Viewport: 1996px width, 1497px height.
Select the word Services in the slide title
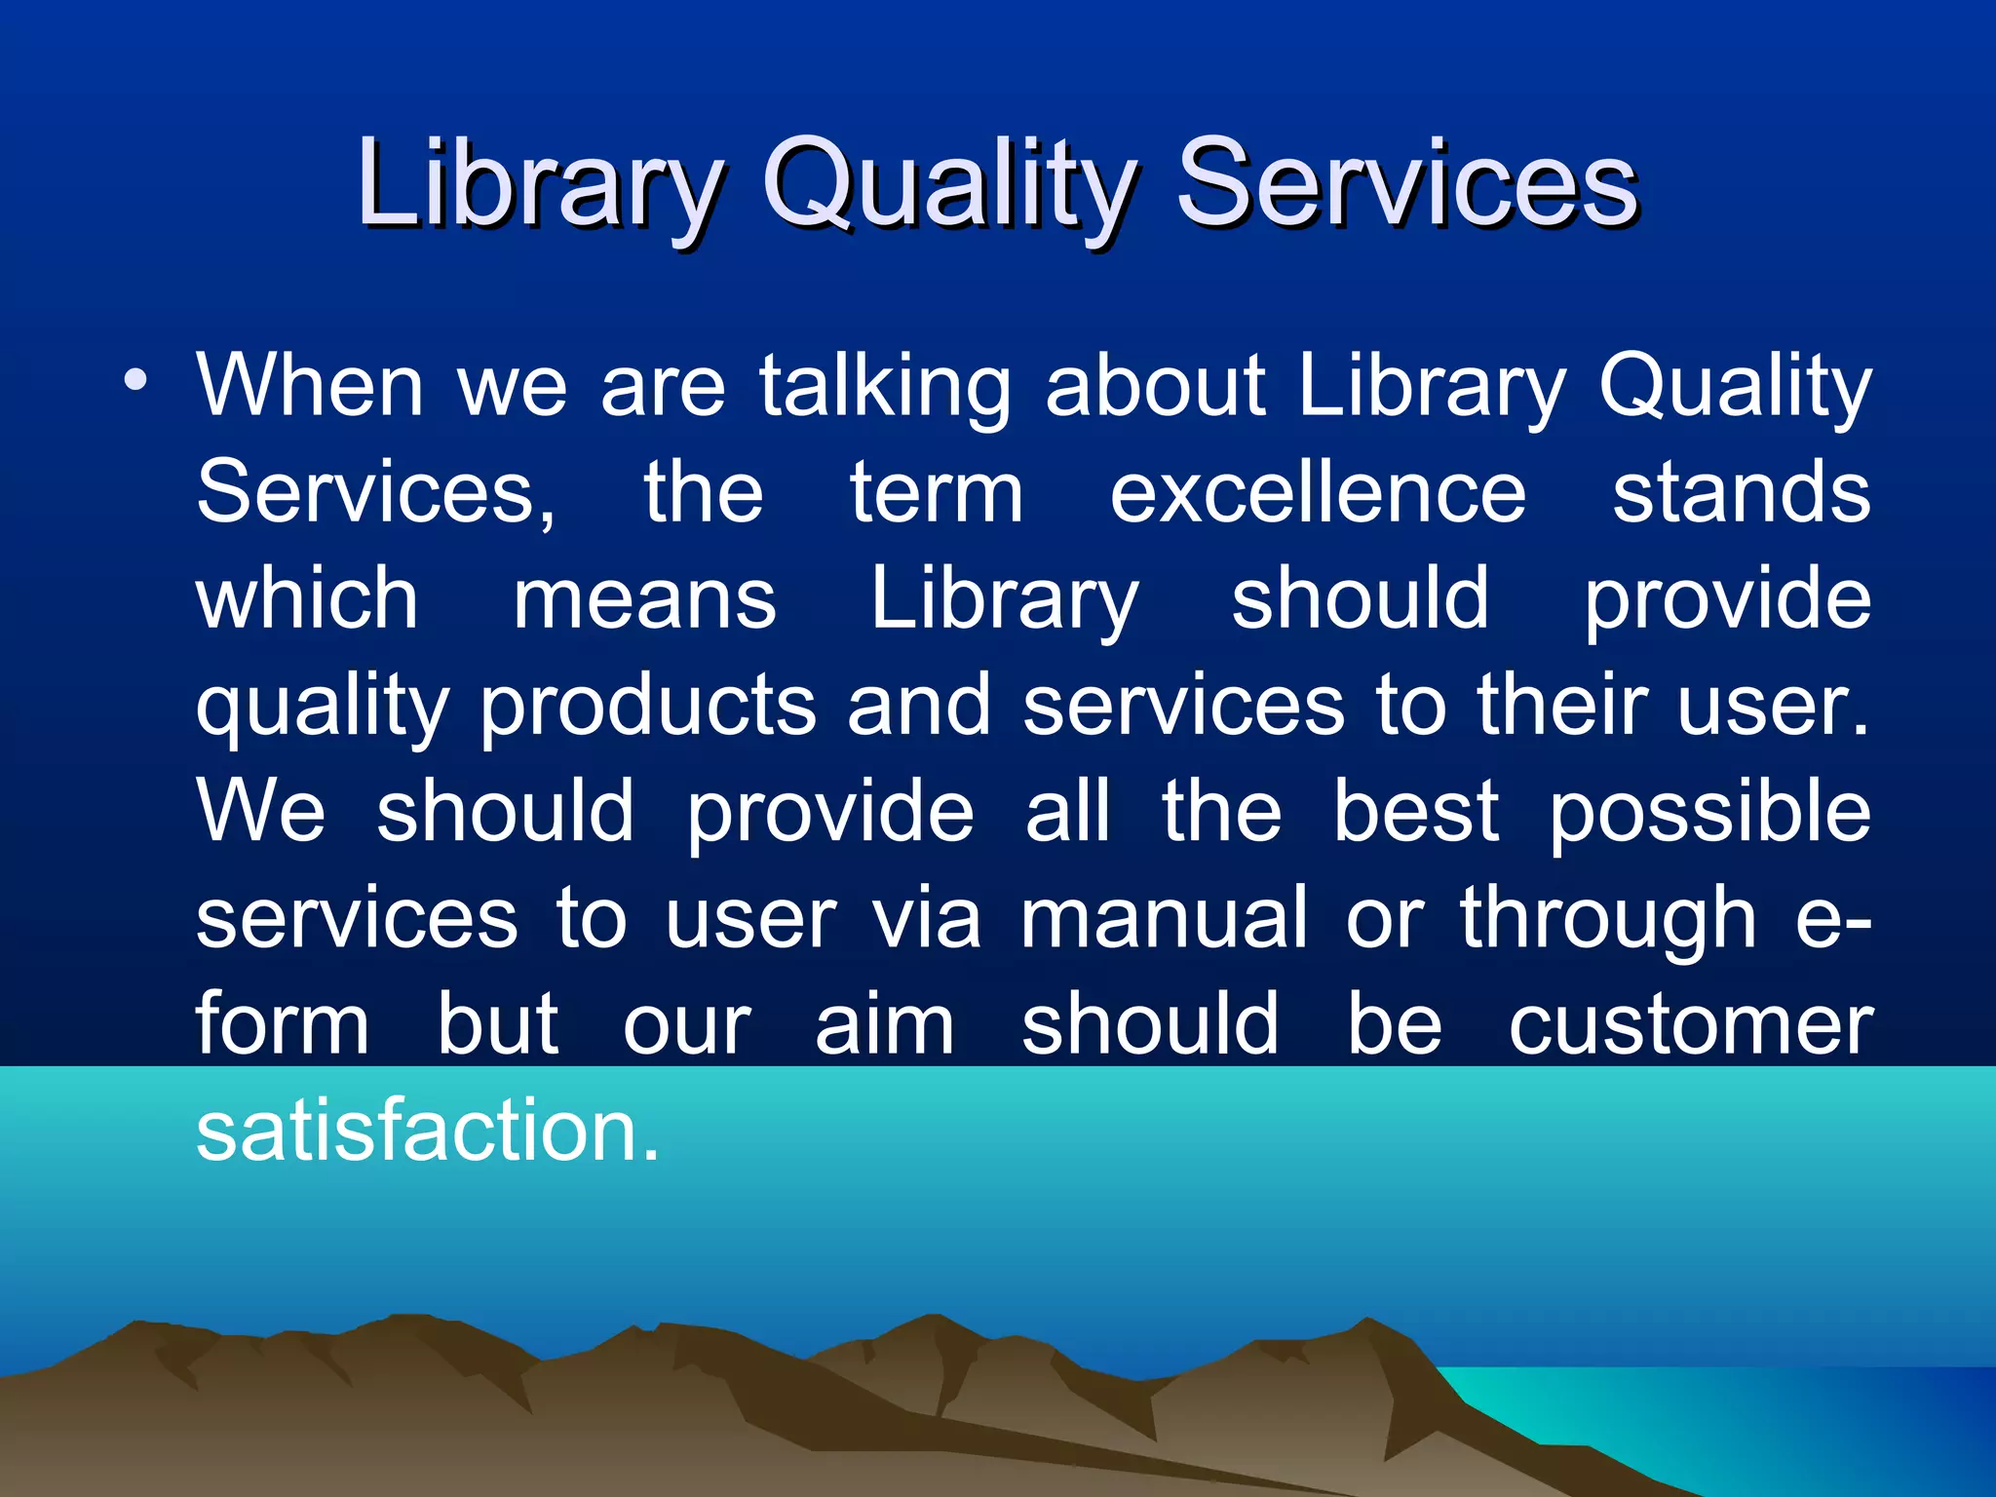(x=1407, y=183)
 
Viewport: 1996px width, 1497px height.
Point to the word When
(x=310, y=386)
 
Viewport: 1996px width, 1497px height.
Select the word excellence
(x=1318, y=493)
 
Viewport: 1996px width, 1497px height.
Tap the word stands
(x=1741, y=493)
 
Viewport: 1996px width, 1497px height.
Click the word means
(x=644, y=600)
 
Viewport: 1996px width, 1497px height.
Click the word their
(x=1561, y=706)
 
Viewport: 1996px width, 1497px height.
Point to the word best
(x=1415, y=813)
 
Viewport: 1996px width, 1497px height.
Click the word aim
(x=885, y=1025)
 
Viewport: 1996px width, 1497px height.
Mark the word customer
(x=1690, y=1027)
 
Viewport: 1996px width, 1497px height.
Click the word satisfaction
(x=427, y=1132)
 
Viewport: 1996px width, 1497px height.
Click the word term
(x=937, y=493)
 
